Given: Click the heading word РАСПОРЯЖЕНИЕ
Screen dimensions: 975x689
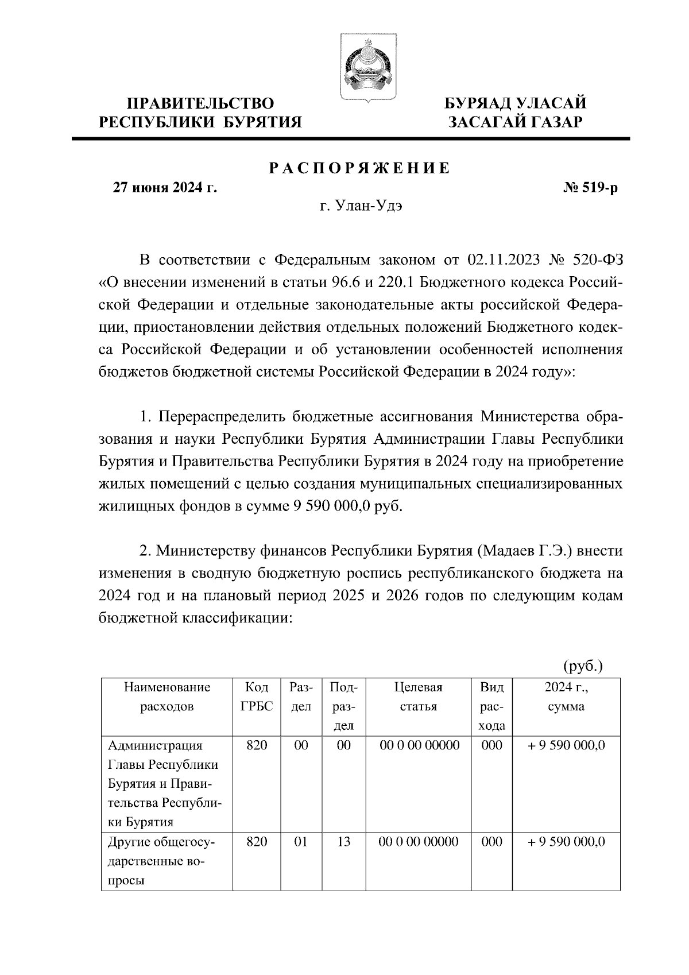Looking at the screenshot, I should (360, 168).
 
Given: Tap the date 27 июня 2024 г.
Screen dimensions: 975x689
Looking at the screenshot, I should (164, 188).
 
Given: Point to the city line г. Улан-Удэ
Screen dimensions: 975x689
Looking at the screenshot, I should (360, 206).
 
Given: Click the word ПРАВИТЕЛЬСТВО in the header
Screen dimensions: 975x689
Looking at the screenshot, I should (200, 103).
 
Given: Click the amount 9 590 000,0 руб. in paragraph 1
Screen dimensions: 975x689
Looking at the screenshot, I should (344, 506).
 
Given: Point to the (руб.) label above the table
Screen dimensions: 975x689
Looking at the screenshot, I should (582, 666).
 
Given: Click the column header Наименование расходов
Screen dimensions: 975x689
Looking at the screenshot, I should (167, 697).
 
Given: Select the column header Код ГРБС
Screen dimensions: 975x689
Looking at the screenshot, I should (257, 697).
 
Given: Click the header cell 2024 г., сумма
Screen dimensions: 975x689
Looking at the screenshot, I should (566, 697).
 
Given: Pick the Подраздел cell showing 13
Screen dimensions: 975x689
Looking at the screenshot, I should (343, 842).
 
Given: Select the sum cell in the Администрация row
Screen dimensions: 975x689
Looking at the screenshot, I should (566, 745).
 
